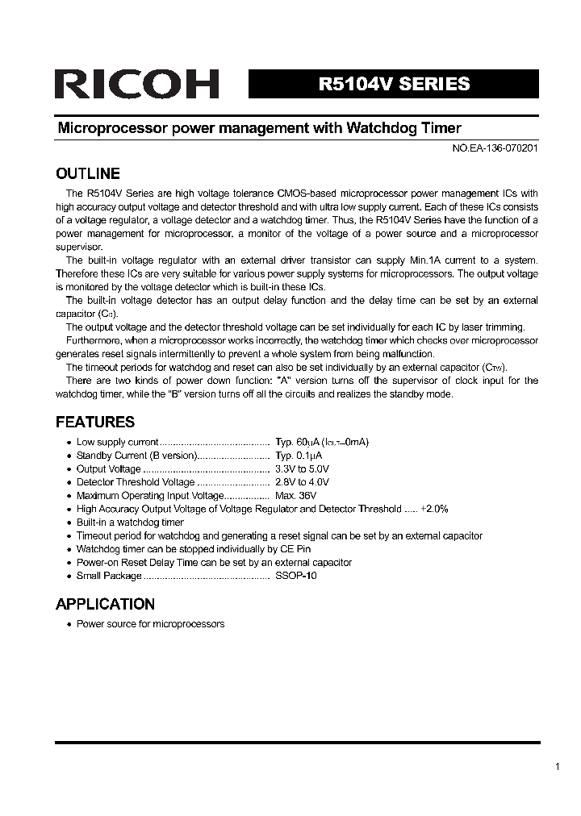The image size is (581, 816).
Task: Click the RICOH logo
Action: pos(136,84)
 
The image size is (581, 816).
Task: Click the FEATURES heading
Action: pos(94,422)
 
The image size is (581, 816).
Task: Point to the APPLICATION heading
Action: pos(105,604)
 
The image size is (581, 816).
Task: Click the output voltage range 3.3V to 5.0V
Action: pos(302,468)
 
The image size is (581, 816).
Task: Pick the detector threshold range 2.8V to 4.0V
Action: pos(302,482)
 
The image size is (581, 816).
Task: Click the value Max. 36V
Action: pos(295,495)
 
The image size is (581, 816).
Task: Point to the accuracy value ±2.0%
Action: pos(434,509)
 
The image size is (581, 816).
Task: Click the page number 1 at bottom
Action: pos(558,767)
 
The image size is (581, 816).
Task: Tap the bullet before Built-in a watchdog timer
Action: pos(69,522)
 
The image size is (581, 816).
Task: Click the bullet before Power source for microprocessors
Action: pos(69,624)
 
